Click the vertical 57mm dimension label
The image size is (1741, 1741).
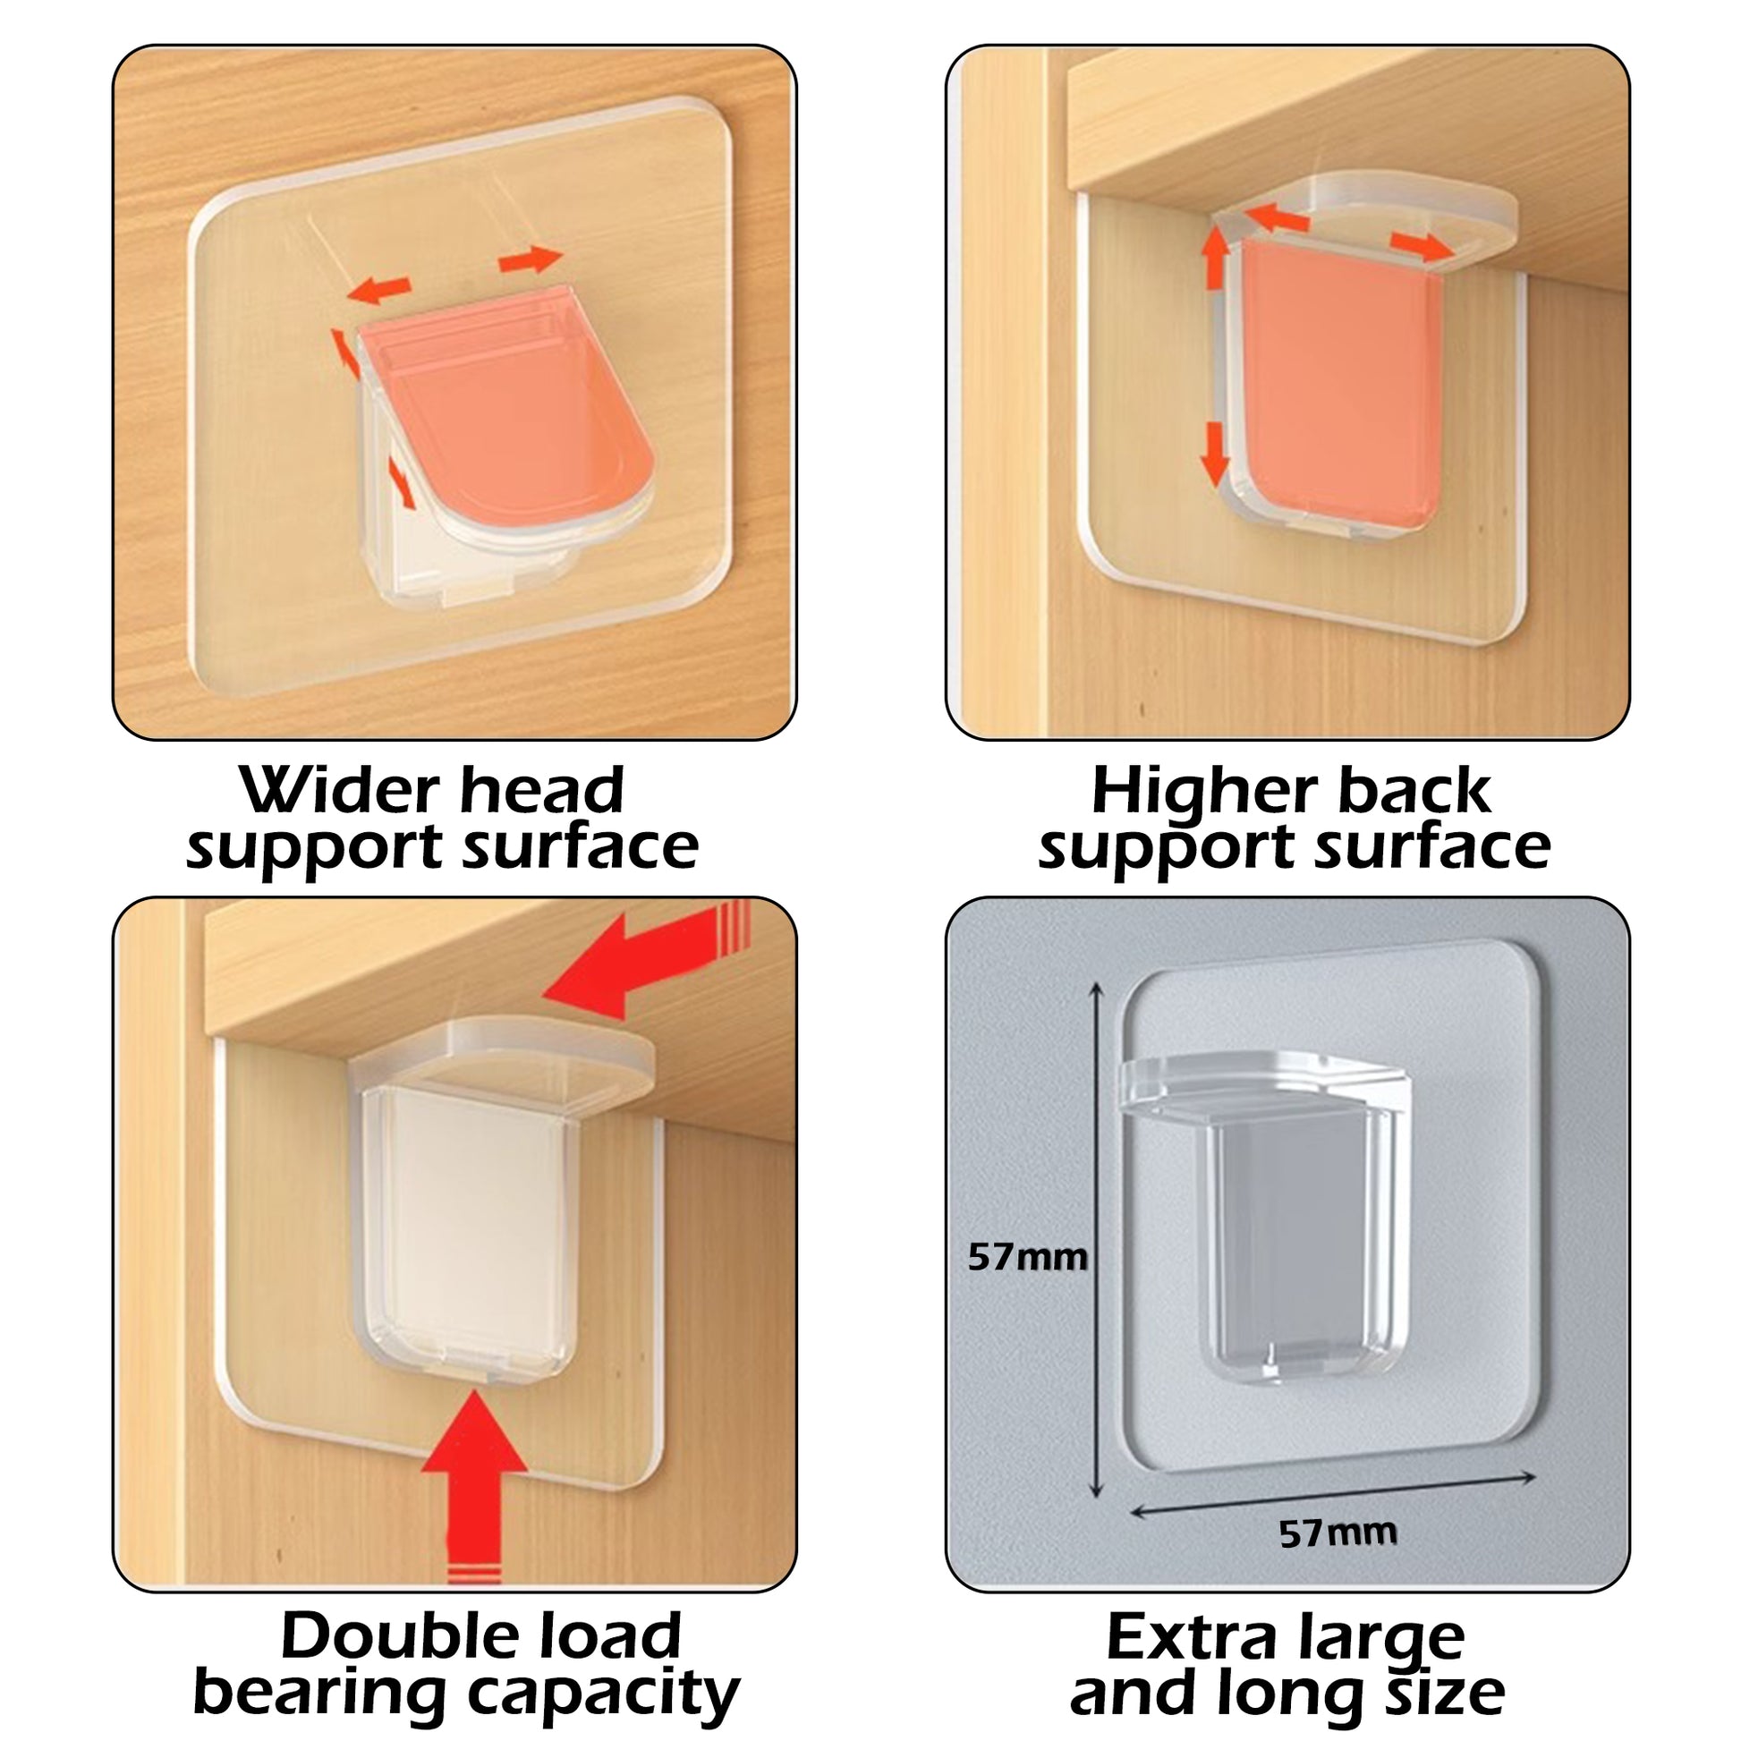click(x=1026, y=1256)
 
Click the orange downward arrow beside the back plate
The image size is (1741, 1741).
click(x=1216, y=452)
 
